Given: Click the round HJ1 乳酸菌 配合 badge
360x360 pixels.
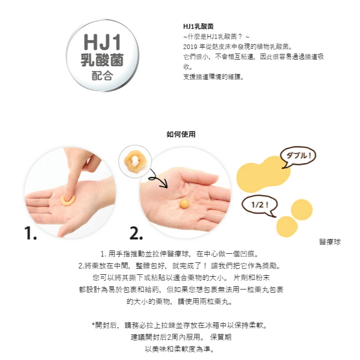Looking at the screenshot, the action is pyautogui.click(x=103, y=55).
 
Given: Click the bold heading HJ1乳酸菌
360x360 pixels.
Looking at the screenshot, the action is pyautogui.click(x=198, y=27).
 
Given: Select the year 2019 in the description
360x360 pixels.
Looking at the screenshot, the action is pyautogui.click(x=190, y=47).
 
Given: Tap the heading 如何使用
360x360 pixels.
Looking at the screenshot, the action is pyautogui.click(x=181, y=134).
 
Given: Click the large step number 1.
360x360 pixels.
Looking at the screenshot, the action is pyautogui.click(x=30, y=233).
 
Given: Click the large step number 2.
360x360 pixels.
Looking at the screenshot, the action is pyautogui.click(x=136, y=233).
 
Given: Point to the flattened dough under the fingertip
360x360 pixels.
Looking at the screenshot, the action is pyautogui.click(x=68, y=200).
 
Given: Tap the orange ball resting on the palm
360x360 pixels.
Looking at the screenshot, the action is pyautogui.click(x=185, y=204).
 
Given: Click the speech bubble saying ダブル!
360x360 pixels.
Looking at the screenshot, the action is pyautogui.click(x=298, y=157).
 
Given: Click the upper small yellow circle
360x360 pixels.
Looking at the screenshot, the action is pyautogui.click(x=302, y=210).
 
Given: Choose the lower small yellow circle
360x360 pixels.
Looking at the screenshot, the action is pyautogui.click(x=287, y=227).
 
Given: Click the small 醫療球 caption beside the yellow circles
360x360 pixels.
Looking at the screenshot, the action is pyautogui.click(x=330, y=242).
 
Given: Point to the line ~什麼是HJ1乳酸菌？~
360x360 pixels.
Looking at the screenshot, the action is pyautogui.click(x=216, y=37).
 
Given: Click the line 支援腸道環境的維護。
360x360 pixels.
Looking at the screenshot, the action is pyautogui.click(x=213, y=77).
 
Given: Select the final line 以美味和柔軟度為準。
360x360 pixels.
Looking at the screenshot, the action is pyautogui.click(x=180, y=349).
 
